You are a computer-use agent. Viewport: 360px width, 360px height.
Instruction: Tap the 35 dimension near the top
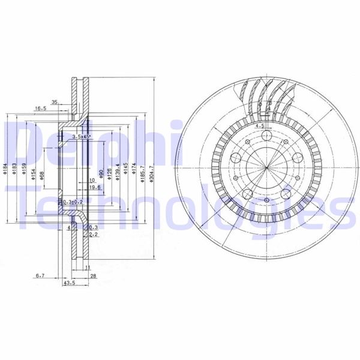tap(55, 103)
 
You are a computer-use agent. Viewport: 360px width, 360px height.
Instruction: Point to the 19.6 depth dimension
tap(94, 187)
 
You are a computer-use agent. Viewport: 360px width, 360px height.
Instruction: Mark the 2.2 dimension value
tap(94, 235)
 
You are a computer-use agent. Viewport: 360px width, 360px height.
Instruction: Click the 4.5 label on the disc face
tap(260, 127)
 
